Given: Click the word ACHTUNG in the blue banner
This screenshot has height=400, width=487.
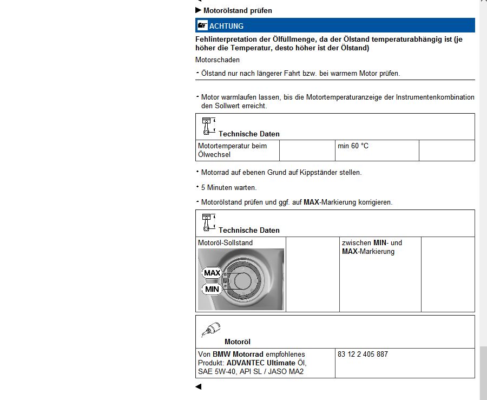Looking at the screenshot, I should point(226,26).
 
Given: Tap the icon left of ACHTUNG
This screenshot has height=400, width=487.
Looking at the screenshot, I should point(202,25).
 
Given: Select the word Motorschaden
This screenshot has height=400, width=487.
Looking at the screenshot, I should point(218,60).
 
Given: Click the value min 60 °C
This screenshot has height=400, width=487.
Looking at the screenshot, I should point(353,146).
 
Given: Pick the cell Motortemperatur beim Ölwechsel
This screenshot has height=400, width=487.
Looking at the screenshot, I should point(232,150).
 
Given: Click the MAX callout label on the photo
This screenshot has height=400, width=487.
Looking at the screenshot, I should point(212,273).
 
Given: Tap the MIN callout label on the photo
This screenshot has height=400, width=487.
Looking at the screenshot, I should point(212,290).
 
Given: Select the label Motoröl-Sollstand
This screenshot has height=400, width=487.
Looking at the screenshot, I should point(225,243).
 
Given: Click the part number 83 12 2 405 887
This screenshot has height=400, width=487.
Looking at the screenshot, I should point(363,355).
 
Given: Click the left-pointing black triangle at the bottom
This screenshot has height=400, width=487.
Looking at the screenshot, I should point(198,386).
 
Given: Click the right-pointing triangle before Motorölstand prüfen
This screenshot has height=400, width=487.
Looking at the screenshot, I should point(198,10).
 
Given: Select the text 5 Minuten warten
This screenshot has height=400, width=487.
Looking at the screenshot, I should point(229,188).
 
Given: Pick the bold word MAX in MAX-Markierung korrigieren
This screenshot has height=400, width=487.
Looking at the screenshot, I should point(311,202).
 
